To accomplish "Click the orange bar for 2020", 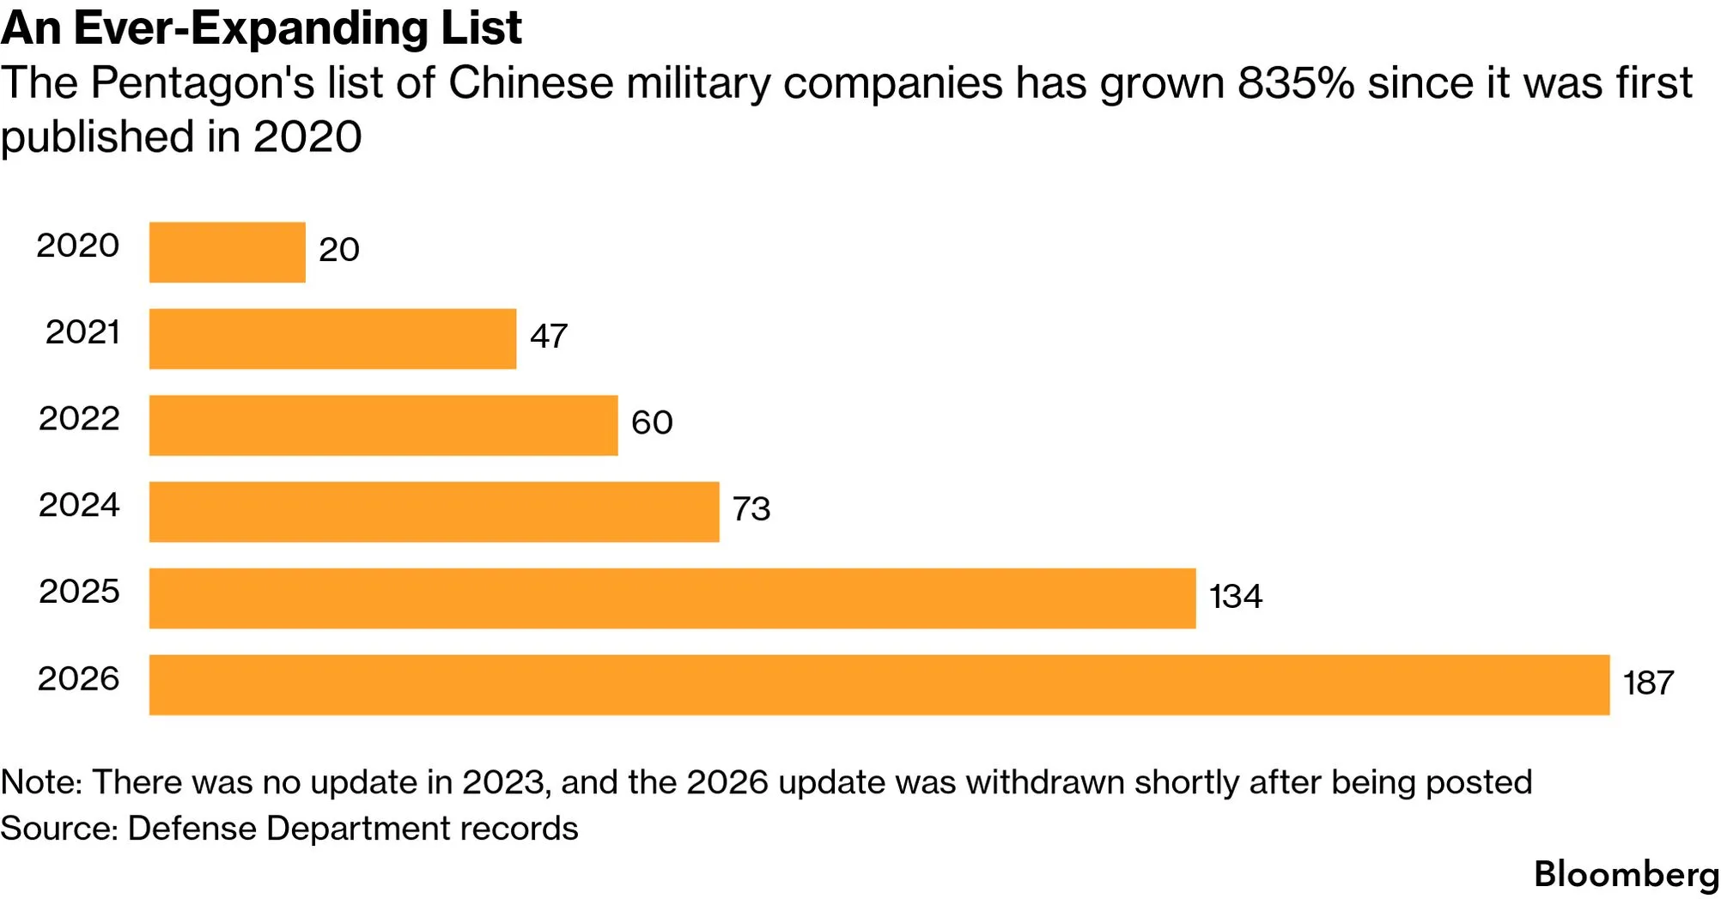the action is pyautogui.click(x=228, y=252).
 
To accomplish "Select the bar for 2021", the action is pyautogui.click(x=333, y=339).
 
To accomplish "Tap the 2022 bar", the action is pyautogui.click(x=384, y=426).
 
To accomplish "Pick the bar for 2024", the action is pyautogui.click(x=435, y=512).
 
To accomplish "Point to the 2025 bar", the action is pyautogui.click(x=672, y=598).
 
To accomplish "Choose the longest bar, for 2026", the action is pyautogui.click(x=879, y=685).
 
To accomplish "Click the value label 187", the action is pyautogui.click(x=1649, y=683).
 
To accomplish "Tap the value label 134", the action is pyautogui.click(x=1236, y=597).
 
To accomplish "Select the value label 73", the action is pyautogui.click(x=751, y=509).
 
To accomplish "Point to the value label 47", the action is pyautogui.click(x=549, y=336).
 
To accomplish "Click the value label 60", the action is pyautogui.click(x=652, y=422).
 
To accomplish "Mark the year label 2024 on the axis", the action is pyautogui.click(x=79, y=505).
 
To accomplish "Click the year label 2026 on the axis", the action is pyautogui.click(x=78, y=679).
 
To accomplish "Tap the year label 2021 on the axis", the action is pyautogui.click(x=82, y=332).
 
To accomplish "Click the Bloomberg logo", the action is pyautogui.click(x=1627, y=875).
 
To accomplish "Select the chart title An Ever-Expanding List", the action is pyautogui.click(x=261, y=28).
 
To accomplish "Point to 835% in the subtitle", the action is pyautogui.click(x=1296, y=83).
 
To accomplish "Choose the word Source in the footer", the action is pyautogui.click(x=58, y=829).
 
